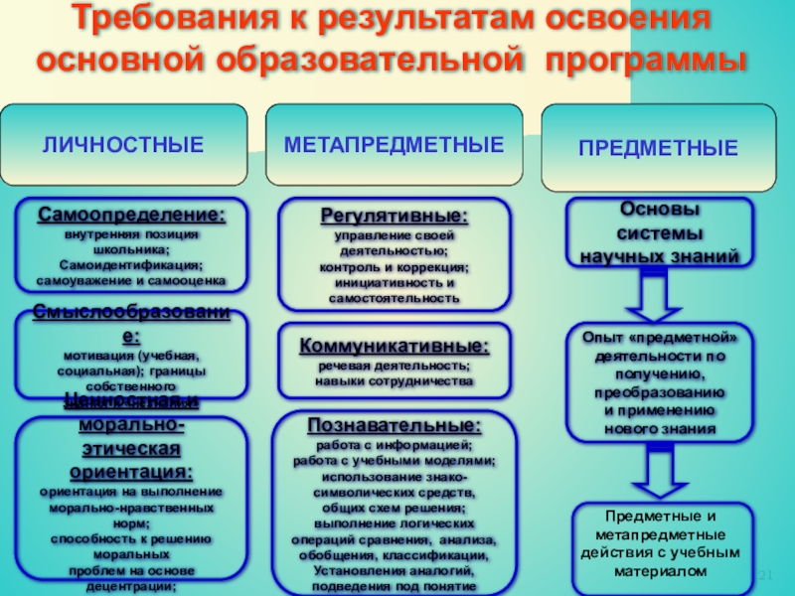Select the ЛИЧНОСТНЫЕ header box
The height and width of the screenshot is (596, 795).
click(123, 146)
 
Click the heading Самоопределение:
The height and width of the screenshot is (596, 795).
click(131, 215)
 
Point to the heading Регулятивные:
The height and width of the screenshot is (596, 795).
click(395, 216)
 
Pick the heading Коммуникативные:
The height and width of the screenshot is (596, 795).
click(395, 347)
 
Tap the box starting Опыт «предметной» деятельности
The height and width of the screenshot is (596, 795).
click(659, 381)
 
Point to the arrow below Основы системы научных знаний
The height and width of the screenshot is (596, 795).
click(659, 293)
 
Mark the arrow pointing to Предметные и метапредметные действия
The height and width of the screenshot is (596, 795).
click(659, 473)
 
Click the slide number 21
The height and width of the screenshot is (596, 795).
click(766, 577)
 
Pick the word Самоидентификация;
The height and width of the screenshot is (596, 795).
click(131, 265)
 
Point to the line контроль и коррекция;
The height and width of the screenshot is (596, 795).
click(395, 267)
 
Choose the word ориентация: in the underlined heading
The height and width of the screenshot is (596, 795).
click(131, 471)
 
